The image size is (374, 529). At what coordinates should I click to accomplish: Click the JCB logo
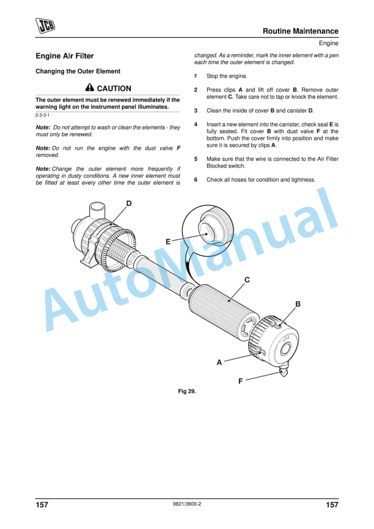pyautogui.click(x=45, y=26)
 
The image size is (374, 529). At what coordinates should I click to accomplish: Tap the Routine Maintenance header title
pyautogui.click(x=301, y=31)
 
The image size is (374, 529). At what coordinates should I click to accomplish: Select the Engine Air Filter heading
pyautogui.click(x=64, y=56)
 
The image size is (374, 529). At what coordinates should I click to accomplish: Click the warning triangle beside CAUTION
pyautogui.click(x=90, y=88)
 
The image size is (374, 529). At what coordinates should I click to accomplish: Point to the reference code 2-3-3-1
pyautogui.click(x=43, y=115)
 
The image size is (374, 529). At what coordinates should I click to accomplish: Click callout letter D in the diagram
pyautogui.click(x=129, y=203)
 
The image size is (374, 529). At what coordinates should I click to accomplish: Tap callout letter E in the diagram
pyautogui.click(x=168, y=241)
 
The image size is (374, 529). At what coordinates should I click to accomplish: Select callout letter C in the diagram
pyautogui.click(x=247, y=280)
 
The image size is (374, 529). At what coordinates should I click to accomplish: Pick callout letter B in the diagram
pyautogui.click(x=298, y=304)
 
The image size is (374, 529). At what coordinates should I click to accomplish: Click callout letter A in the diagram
pyautogui.click(x=219, y=362)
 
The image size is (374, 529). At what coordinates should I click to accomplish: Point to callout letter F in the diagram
pyautogui.click(x=241, y=381)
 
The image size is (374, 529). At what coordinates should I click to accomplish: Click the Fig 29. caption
pyautogui.click(x=187, y=392)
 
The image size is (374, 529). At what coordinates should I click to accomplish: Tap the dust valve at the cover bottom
pyautogui.click(x=284, y=372)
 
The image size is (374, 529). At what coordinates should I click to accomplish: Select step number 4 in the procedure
pyautogui.click(x=196, y=125)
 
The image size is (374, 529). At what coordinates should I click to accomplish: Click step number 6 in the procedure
pyautogui.click(x=196, y=180)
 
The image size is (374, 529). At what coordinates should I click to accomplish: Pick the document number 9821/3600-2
pyautogui.click(x=187, y=504)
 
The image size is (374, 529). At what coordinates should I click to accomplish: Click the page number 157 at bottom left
pyautogui.click(x=42, y=505)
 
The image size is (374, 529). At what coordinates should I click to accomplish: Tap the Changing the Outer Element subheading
pyautogui.click(x=78, y=71)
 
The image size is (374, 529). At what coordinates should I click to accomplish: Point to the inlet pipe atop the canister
pyautogui.click(x=98, y=211)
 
